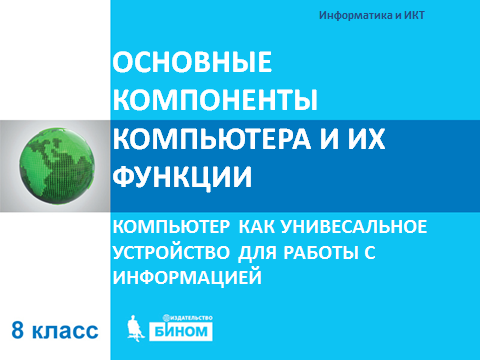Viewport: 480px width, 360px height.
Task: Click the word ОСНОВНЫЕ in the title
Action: pos(192,62)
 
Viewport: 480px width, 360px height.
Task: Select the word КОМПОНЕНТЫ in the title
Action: pos(215,100)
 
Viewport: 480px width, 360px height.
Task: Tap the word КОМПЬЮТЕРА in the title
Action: pos(212,138)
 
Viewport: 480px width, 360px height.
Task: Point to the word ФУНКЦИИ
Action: pos(182,177)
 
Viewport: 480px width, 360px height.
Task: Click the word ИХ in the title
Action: pos(367,138)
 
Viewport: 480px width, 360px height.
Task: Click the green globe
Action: pos(57,166)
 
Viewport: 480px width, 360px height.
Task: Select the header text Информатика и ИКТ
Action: pos(372,15)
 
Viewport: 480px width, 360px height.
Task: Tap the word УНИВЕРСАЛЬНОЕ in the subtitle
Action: pos(354,227)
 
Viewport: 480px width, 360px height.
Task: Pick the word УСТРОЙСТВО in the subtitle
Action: pos(171,252)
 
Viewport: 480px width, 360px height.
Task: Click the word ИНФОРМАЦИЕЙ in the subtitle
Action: pos(187,277)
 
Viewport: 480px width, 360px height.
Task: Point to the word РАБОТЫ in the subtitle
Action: pos(319,252)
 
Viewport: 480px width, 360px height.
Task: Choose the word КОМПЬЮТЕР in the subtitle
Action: pos(171,227)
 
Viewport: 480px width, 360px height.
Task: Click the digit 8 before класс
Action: pos(18,330)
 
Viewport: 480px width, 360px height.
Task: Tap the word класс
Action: pos(65,331)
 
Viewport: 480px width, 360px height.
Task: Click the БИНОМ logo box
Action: pos(181,331)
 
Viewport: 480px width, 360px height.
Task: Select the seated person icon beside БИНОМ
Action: pos(135,328)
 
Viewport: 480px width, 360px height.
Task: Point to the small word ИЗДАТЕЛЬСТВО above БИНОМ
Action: pos(190,318)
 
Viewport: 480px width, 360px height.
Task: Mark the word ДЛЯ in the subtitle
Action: pos(257,253)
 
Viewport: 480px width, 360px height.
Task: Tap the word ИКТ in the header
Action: pos(415,15)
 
